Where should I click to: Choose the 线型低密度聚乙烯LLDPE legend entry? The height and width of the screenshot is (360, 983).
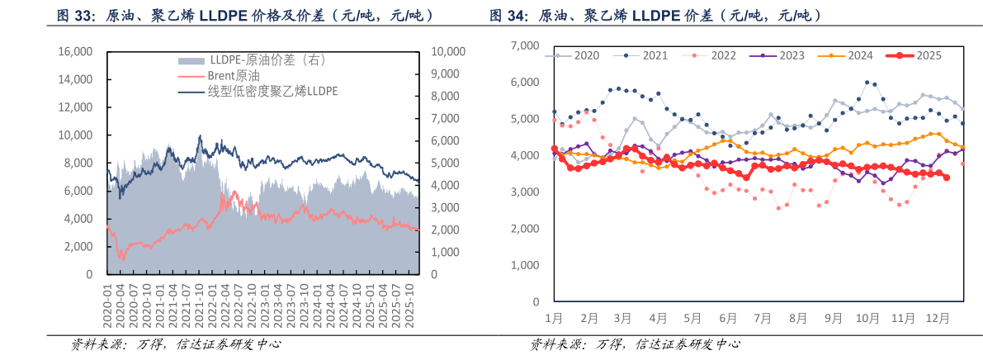[272, 91]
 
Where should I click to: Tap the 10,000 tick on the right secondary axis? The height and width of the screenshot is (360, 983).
[449, 52]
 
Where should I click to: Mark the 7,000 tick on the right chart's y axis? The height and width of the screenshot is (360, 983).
[525, 45]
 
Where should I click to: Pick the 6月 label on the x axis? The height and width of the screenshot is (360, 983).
[727, 318]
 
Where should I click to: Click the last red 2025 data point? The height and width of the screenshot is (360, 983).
[946, 178]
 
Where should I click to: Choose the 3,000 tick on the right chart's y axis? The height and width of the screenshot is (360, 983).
[525, 192]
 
